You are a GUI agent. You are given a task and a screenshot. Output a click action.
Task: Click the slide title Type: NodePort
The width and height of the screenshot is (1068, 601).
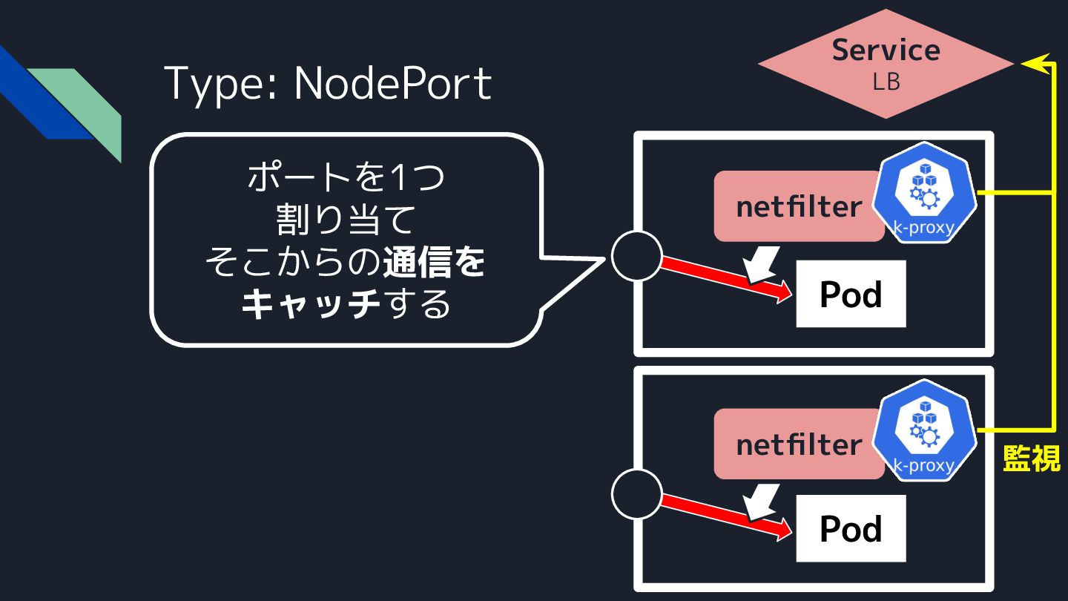(327, 83)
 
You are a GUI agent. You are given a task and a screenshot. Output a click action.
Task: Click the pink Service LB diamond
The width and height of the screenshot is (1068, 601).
(886, 64)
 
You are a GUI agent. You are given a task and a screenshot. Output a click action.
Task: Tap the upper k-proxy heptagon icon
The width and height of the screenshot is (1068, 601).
(923, 193)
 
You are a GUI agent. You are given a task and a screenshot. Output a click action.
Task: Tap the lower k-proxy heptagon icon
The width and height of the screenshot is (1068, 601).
(923, 431)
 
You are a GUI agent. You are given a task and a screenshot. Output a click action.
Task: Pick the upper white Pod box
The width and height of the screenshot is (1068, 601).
(851, 294)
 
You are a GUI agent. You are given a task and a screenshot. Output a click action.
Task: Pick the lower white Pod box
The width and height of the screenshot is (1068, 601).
(851, 528)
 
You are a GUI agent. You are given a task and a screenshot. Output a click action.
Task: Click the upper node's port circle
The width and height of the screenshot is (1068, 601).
(636, 256)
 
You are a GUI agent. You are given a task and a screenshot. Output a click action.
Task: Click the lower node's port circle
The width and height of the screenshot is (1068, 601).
(636, 493)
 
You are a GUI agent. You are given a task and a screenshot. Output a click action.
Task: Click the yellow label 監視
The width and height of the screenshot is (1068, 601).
(1031, 459)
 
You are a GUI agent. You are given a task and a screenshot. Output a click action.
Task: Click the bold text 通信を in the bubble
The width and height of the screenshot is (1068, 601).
(434, 263)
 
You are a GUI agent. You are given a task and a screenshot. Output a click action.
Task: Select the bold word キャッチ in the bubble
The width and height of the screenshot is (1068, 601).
(311, 304)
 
